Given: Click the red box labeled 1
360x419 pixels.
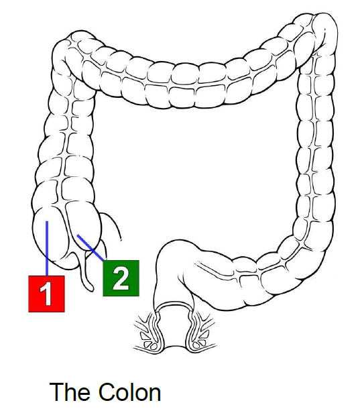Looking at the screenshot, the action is pos(46,294).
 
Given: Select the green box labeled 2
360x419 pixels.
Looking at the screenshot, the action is pos(121,278).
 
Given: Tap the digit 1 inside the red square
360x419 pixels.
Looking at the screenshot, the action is pos(46,294).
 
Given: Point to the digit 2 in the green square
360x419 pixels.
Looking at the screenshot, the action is pos(121,278).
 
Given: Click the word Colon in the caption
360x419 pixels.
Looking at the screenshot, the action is pos(129,392).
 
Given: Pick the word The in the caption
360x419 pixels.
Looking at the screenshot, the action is pos(69,392).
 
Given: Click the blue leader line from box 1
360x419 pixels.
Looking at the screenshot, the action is pos(47,248).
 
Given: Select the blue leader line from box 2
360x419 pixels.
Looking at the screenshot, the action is pos(91,247).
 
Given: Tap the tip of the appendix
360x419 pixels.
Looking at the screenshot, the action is pos(91,288).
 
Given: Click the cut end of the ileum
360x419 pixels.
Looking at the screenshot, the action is pos(120,239).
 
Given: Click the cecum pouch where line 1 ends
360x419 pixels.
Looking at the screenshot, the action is pos(48,235).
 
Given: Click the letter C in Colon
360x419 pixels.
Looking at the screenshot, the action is pos(107,392).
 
